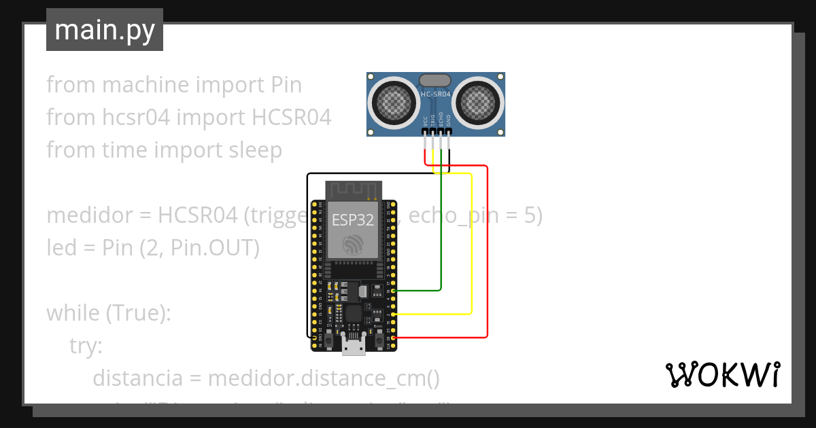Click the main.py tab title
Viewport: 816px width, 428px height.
(104, 31)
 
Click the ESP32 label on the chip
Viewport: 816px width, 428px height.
(352, 219)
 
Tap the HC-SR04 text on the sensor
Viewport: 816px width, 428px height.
(435, 94)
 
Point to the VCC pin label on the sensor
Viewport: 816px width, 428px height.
(425, 122)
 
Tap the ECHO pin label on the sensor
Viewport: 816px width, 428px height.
(441, 120)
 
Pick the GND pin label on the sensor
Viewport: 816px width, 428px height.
(448, 122)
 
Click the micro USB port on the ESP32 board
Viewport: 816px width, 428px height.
(352, 346)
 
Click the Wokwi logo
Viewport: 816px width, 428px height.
(721, 375)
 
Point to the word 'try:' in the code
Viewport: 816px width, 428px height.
(86, 346)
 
